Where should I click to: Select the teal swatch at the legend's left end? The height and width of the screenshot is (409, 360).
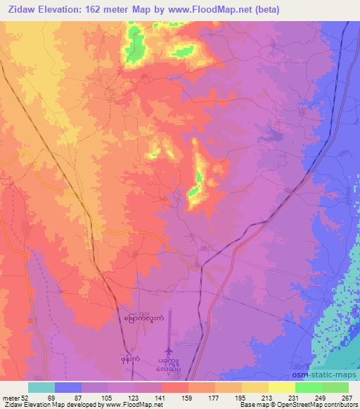41,387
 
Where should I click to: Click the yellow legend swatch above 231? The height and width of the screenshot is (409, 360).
281,387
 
